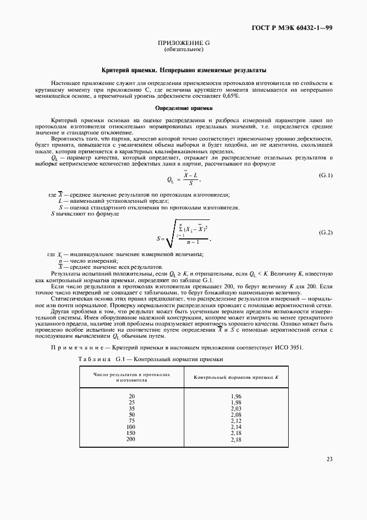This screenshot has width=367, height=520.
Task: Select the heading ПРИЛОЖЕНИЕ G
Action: [184, 43]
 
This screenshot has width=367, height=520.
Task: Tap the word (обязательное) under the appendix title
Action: [184, 50]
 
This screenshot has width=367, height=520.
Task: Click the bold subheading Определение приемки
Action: [184, 108]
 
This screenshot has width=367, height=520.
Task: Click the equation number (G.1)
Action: [325, 176]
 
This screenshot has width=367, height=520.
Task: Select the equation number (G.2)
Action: [325, 231]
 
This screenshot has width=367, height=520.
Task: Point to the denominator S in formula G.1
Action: [191, 183]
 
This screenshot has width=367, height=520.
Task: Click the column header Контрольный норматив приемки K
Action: [236, 378]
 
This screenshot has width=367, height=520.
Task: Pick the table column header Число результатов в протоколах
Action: [131, 375]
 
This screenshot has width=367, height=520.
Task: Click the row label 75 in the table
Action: [132, 421]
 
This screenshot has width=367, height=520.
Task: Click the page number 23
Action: [329, 459]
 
